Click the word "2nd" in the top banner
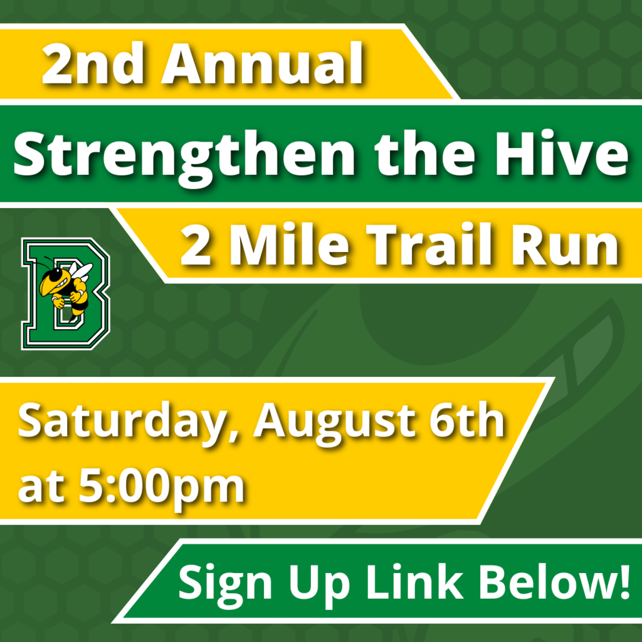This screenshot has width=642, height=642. (x=93, y=63)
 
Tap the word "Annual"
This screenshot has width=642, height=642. (x=263, y=63)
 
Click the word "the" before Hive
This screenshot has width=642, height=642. (x=425, y=153)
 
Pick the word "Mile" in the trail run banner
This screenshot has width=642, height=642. (x=289, y=245)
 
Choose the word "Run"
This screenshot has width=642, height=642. (x=565, y=245)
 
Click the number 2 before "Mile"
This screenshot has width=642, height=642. (x=196, y=245)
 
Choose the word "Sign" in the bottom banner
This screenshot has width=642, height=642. (x=225, y=584)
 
